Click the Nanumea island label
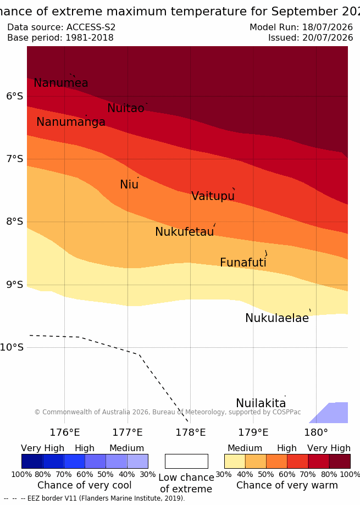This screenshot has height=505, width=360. [61, 83]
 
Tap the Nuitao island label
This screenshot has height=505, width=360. [125, 108]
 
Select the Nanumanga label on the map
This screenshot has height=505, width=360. [71, 122]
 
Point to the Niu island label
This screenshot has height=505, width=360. [129, 185]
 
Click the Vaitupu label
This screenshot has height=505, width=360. [213, 196]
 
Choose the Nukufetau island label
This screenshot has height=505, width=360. [185, 232]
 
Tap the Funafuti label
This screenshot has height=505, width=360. [243, 263]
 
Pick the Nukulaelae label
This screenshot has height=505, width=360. [277, 318]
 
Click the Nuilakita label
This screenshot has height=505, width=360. [261, 403]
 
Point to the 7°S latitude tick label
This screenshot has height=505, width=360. [14, 159]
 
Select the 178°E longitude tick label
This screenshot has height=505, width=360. [190, 432]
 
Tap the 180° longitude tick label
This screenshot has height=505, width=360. [316, 432]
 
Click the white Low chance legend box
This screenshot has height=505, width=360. [186, 461]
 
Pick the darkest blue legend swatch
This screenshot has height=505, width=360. [32, 461]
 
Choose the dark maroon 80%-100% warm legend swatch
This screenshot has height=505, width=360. [340, 461]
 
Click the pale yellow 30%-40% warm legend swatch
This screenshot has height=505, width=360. [235, 461]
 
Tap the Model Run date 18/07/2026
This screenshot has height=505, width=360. [328, 27]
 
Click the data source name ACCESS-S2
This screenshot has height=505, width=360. [91, 27]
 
